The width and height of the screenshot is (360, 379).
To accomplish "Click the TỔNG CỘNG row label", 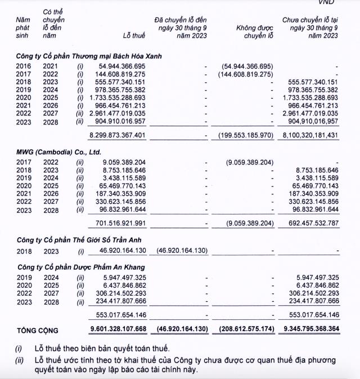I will point(37,331).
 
